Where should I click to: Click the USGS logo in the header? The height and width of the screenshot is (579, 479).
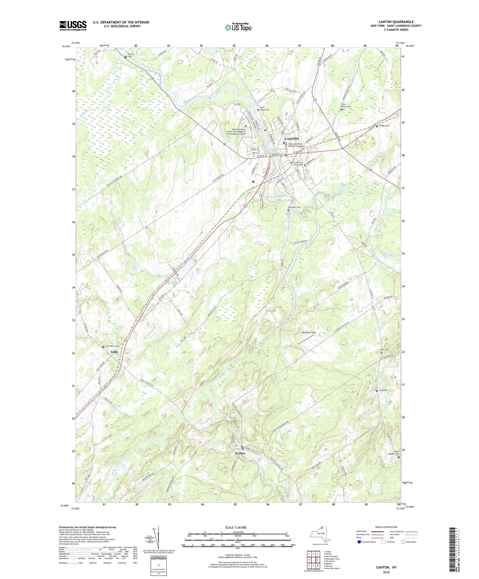(73, 26)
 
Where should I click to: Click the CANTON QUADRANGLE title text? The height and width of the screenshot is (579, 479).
(396, 22)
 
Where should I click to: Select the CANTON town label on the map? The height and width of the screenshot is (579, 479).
(292, 139)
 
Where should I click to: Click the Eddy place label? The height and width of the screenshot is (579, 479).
(114, 352)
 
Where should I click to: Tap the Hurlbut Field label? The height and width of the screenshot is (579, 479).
(309, 332)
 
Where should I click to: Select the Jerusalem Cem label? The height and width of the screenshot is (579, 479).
(112, 346)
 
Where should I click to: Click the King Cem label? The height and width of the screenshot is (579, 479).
(383, 390)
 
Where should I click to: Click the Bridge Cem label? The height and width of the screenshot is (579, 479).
(384, 126)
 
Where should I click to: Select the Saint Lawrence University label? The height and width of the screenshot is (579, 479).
(296, 163)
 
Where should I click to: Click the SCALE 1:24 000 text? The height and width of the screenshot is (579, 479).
(236, 527)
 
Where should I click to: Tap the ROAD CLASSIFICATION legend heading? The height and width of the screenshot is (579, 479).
(386, 527)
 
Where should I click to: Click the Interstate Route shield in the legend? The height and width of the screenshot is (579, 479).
(359, 542)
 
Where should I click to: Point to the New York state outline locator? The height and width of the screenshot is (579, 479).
(320, 535)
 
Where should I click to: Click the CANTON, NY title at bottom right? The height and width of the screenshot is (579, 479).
(386, 567)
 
